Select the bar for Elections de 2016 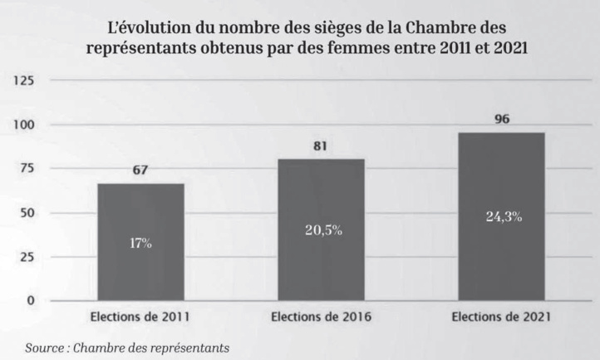(x=321, y=229)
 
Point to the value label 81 (x=321, y=147)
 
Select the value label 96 (x=501, y=120)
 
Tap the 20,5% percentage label (x=321, y=229)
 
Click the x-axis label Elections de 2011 (x=140, y=317)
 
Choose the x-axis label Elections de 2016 (x=321, y=317)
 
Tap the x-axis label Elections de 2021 (x=501, y=317)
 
